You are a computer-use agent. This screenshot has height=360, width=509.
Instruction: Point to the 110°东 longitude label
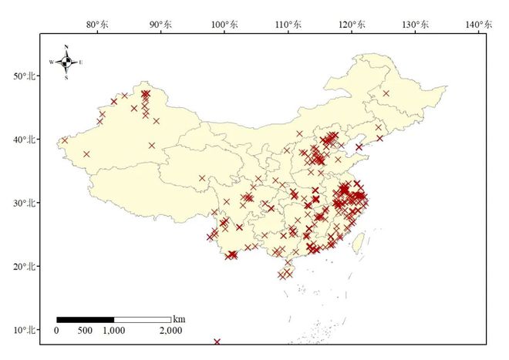(x=288, y=25)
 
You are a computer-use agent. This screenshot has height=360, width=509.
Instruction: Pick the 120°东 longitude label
(x=351, y=25)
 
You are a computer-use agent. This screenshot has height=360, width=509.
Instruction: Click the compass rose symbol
(x=66, y=62)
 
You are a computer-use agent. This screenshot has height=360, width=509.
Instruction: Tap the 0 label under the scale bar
(x=56, y=331)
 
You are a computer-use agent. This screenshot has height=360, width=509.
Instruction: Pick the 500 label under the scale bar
(x=85, y=331)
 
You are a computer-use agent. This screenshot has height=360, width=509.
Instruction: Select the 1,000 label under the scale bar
(x=114, y=331)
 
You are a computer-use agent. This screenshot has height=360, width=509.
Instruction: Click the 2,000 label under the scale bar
(x=171, y=331)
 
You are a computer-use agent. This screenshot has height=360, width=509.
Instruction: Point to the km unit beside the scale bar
(x=179, y=318)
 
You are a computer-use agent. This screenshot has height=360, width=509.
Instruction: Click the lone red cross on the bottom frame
(x=217, y=341)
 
